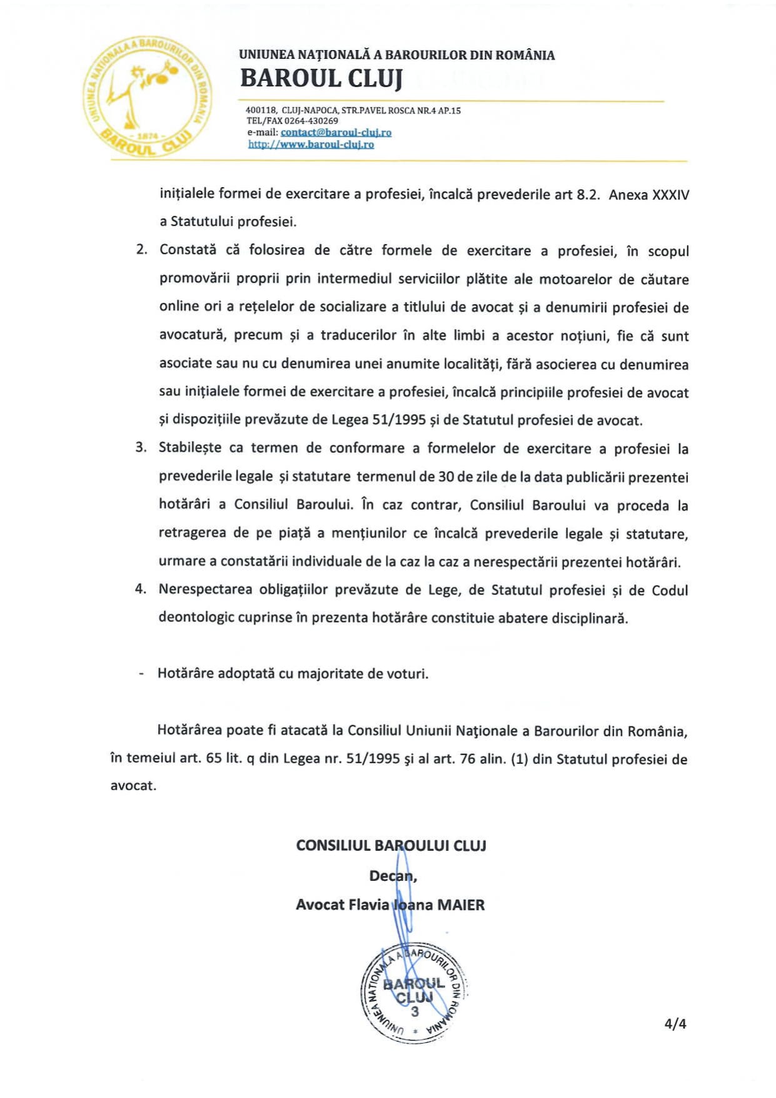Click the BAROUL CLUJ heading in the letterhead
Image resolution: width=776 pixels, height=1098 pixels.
321,79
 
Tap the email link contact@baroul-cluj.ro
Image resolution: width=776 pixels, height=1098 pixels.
336,133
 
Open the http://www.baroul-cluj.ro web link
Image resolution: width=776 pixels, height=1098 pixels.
311,145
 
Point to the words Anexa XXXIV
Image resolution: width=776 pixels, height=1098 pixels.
648,195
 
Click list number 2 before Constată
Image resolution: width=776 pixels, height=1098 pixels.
141,250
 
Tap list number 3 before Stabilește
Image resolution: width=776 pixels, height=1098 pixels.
141,447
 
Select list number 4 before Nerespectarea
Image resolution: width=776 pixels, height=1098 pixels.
141,589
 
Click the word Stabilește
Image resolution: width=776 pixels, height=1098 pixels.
199,448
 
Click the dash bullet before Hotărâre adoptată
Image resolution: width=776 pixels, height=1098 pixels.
141,674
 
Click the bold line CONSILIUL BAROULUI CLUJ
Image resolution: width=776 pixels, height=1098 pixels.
391,846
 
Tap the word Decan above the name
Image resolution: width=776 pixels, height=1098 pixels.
391,876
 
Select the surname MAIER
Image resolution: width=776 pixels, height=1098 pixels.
461,905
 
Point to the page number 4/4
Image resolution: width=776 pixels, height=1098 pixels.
675,1024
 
